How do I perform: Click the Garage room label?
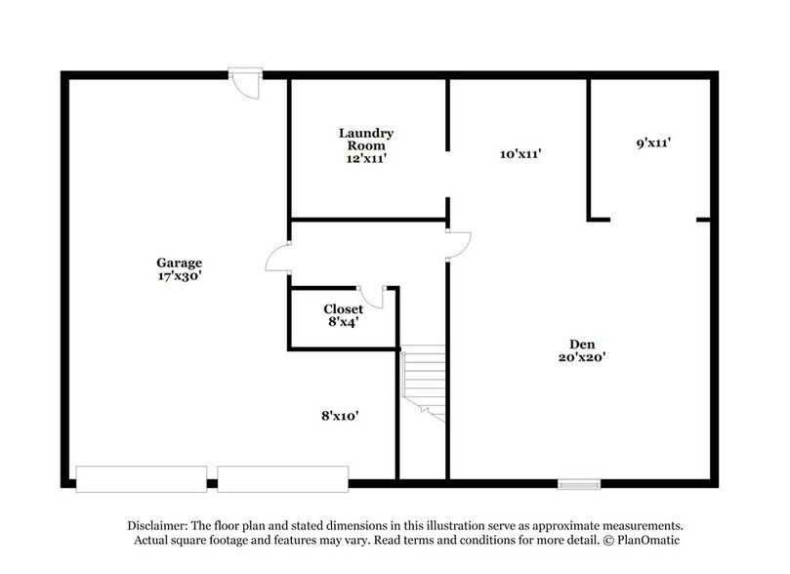179,263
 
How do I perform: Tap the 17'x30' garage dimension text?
179,276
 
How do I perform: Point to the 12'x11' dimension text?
366,158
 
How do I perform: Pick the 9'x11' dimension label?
651,143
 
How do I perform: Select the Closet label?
344,309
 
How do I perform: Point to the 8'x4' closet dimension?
344,322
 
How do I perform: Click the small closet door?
372,296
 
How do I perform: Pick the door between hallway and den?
457,244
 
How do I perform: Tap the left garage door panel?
142,477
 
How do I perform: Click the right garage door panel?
282,477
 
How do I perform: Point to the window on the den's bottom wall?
579,481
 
